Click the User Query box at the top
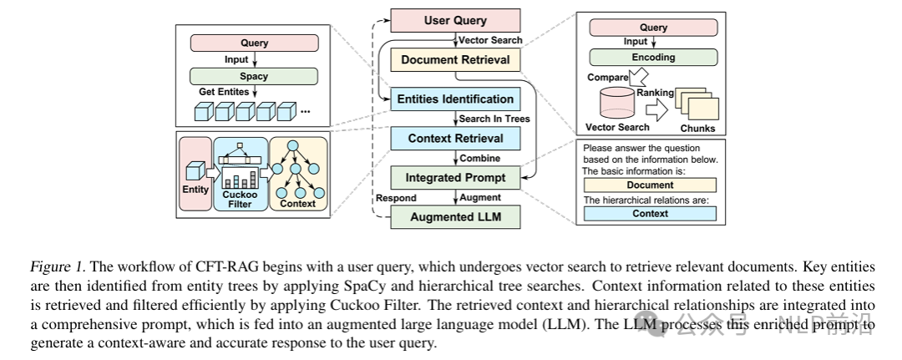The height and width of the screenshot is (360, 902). point(455,20)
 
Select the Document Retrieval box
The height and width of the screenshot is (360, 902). point(455,59)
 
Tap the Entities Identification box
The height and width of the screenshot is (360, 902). point(455,99)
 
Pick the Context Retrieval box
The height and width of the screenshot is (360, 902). point(455,138)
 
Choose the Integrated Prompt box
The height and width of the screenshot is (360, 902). point(455,177)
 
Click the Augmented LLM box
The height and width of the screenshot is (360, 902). point(455,217)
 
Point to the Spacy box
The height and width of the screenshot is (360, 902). point(253,76)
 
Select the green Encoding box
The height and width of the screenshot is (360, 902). point(653,58)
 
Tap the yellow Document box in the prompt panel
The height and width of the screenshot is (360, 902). point(650,185)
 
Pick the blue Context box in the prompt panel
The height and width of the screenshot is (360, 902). point(650,214)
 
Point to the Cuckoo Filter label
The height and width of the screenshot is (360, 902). point(241,198)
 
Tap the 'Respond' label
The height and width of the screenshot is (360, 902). point(396,198)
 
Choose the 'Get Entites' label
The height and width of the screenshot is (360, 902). point(224,92)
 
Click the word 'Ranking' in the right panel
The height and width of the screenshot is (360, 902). point(656,93)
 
